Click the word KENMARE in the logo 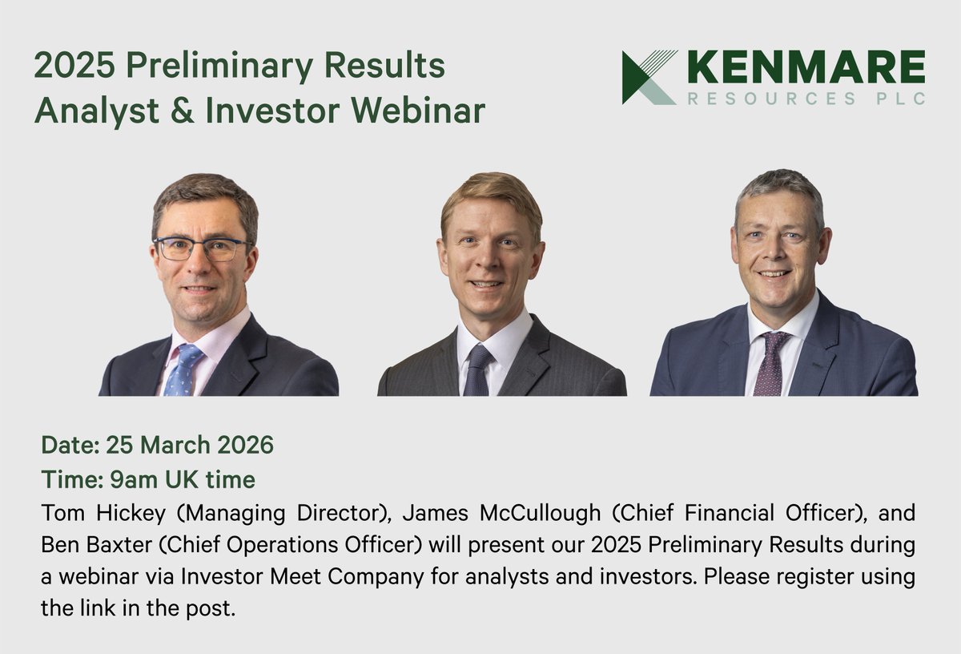(x=806, y=67)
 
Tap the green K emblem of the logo (x=648, y=77)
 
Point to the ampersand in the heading (x=187, y=111)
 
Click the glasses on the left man (x=202, y=248)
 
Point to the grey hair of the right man (x=778, y=186)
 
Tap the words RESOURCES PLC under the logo (x=806, y=99)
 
